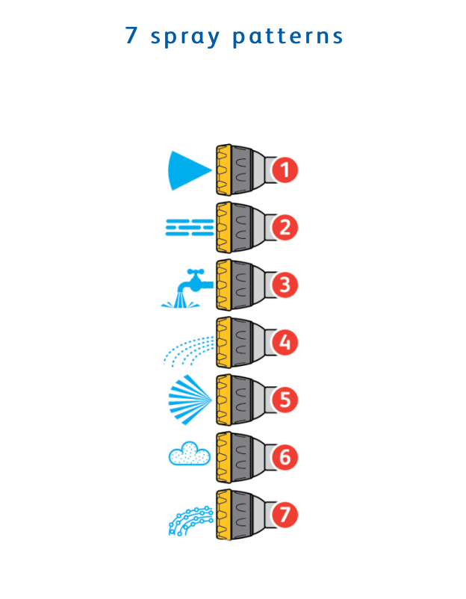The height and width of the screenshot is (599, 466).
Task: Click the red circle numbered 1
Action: [285, 170]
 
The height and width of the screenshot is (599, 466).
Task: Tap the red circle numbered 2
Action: [285, 227]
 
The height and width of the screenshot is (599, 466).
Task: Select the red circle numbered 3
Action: [285, 285]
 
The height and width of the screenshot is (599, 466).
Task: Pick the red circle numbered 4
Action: [285, 342]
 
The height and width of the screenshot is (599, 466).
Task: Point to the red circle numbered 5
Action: [285, 400]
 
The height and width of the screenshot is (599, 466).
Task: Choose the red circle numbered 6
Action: [285, 457]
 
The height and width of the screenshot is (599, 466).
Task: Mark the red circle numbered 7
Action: [285, 515]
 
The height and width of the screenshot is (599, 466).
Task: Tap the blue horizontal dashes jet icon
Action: [190, 227]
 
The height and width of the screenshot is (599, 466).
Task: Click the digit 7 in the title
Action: [131, 35]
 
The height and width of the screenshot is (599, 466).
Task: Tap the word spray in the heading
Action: [185, 37]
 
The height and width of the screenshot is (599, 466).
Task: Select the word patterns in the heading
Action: [288, 37]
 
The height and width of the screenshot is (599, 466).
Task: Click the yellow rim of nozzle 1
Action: [223, 170]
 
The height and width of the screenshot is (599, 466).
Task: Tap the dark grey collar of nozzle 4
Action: [242, 342]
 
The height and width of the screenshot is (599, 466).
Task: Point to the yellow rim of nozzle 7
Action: [223, 515]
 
